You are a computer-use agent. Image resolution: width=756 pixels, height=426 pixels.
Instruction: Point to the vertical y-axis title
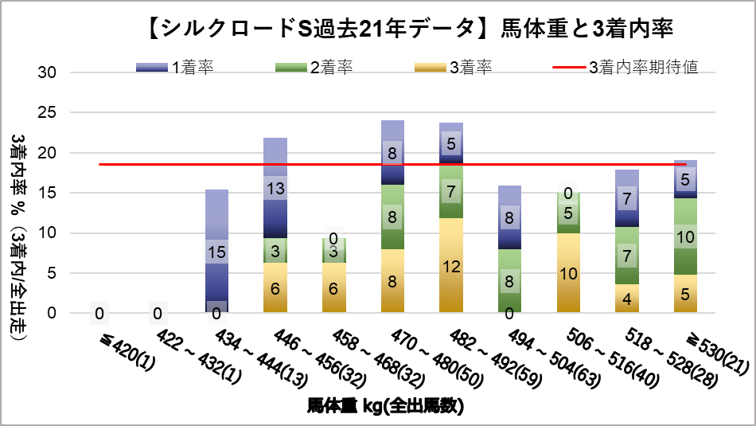coord(19,239)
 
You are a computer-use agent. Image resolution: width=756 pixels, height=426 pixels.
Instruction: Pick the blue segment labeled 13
coord(275,188)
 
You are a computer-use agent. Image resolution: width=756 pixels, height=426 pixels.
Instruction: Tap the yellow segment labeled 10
coord(569,272)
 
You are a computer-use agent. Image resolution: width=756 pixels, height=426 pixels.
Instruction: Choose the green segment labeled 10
coord(684,236)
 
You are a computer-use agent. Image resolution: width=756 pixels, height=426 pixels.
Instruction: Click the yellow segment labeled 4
coord(627,299)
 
